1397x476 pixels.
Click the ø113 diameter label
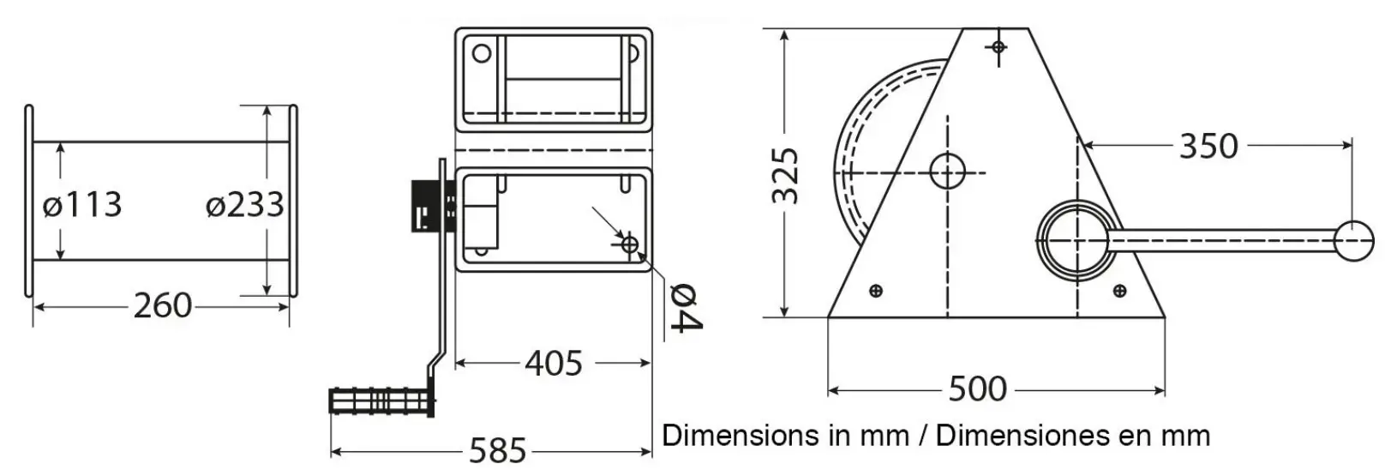[x=82, y=205]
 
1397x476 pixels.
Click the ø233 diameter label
[x=244, y=205]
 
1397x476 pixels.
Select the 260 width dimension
[x=163, y=305]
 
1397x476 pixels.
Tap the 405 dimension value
[x=554, y=364]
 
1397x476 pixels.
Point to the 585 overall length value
[x=497, y=449]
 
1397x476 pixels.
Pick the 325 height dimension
[x=786, y=176]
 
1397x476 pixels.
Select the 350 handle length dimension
[x=1208, y=147]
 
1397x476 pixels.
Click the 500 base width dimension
[x=977, y=389]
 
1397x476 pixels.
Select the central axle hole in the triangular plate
[x=947, y=172]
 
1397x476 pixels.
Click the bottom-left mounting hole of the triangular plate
[x=875, y=291]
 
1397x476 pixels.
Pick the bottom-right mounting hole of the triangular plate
[x=1119, y=292]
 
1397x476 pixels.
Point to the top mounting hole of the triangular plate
[x=998, y=46]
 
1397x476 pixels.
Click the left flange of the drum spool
[x=29, y=201]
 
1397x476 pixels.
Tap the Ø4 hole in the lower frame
[x=630, y=245]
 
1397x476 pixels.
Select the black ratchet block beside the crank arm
[x=425, y=206]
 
